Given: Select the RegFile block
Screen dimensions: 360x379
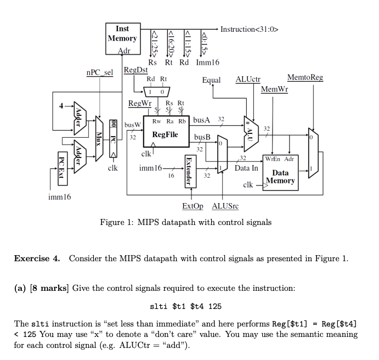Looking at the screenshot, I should [x=165, y=134].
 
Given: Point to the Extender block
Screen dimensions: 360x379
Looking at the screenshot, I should [x=189, y=170].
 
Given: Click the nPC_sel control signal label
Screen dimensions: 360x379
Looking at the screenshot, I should [x=99, y=72].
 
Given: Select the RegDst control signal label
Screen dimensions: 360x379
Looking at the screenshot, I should [x=135, y=70].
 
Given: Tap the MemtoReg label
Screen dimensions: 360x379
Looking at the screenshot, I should [x=305, y=78].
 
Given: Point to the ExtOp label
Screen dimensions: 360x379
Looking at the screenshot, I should [x=193, y=206].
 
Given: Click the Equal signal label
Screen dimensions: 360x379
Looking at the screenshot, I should [x=211, y=81].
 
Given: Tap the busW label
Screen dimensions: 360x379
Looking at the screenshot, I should [x=133, y=125].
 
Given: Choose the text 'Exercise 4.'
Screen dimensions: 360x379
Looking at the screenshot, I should [x=37, y=259].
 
